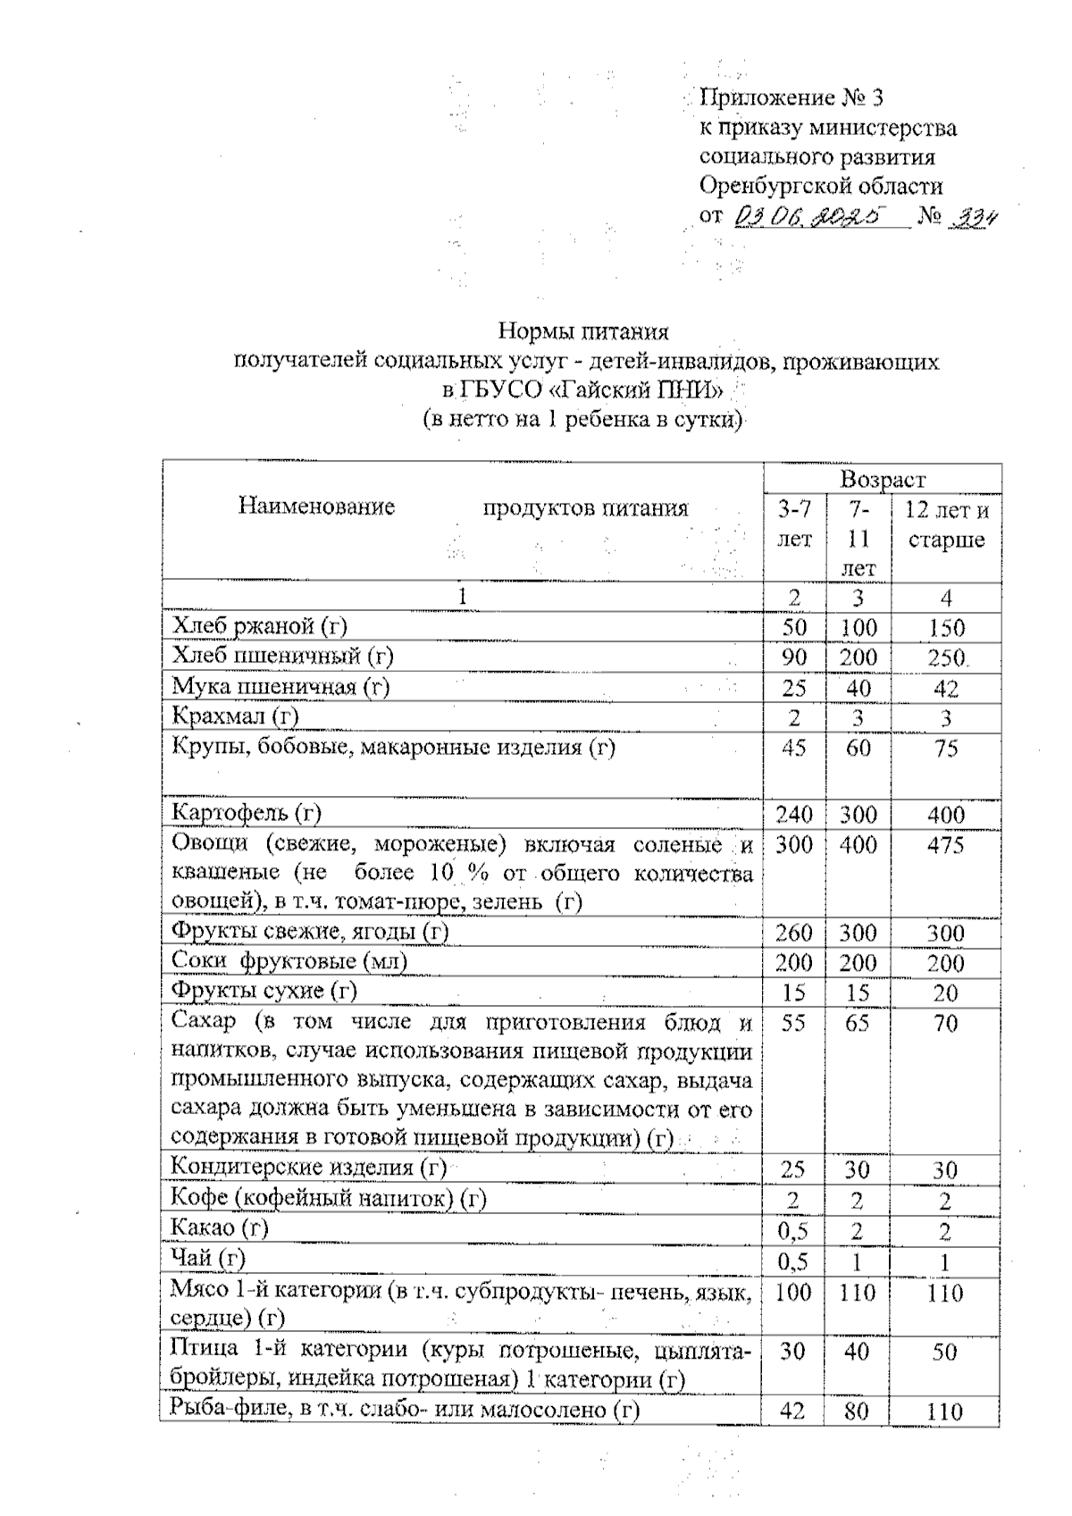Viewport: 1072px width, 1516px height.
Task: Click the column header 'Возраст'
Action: point(883,480)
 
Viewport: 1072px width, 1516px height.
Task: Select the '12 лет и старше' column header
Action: point(946,525)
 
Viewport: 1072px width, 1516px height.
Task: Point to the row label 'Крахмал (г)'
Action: point(235,716)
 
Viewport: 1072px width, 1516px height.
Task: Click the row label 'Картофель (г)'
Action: point(247,813)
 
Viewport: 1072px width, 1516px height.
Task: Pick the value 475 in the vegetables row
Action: point(946,844)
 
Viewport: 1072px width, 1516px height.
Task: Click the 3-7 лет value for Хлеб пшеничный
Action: point(793,657)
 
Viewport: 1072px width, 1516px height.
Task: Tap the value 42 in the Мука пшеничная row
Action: point(946,688)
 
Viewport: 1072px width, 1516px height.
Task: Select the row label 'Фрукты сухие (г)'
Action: point(264,991)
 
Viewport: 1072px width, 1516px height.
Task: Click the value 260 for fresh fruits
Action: point(793,933)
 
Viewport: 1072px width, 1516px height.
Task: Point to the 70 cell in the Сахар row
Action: point(946,1023)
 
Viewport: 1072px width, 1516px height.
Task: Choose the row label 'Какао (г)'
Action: point(220,1228)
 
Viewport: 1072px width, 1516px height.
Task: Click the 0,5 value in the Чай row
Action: point(793,1262)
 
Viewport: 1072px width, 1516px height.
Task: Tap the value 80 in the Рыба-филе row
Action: point(857,1411)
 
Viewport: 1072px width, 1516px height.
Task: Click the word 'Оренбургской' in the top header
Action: point(771,187)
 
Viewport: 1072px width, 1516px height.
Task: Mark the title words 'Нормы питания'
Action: point(582,332)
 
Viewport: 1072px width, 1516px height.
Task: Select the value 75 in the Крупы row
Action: point(946,748)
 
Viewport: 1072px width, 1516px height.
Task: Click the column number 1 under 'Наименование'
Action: point(463,597)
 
